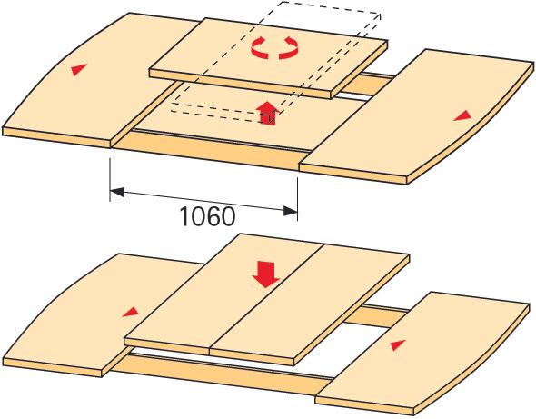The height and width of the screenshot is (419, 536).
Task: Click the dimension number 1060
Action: [x=207, y=216]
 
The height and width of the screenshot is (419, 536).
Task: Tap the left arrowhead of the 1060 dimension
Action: [x=117, y=192]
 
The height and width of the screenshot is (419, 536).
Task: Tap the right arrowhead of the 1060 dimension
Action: [x=290, y=211]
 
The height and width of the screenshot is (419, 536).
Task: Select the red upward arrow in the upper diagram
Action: [x=268, y=113]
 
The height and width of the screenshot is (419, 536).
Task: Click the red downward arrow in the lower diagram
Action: [x=266, y=274]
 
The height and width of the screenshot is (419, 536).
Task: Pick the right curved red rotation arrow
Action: [x=289, y=48]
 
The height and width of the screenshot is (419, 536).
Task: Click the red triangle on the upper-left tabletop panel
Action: [x=79, y=69]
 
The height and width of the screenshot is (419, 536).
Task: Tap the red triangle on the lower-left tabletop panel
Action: [x=130, y=312]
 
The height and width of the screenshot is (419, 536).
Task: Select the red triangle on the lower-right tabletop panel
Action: [x=398, y=345]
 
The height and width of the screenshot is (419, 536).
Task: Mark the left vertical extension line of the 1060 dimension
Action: [x=110, y=179]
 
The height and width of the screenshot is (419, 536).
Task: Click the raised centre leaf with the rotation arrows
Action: [x=268, y=58]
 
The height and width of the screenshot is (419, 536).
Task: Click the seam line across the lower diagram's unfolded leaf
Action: [x=266, y=296]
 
